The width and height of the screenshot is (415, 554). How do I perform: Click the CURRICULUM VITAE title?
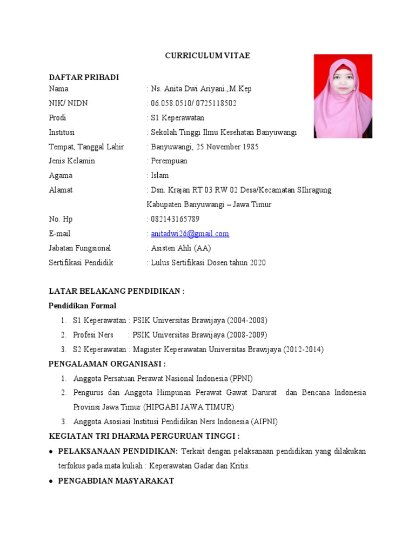[x=207, y=56]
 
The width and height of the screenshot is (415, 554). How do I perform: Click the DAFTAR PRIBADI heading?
[x=84, y=77]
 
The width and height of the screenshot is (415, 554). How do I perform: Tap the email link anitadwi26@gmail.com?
[x=190, y=234]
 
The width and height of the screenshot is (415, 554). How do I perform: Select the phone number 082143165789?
[x=175, y=219]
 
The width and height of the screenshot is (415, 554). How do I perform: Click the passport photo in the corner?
[x=343, y=96]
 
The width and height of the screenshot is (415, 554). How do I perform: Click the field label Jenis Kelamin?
[x=72, y=161]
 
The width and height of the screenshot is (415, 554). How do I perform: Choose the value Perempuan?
[x=169, y=161]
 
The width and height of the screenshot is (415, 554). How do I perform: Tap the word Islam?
[x=160, y=175]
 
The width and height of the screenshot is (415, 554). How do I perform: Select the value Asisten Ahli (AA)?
[x=180, y=248]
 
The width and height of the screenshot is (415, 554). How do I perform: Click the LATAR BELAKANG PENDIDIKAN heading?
[x=117, y=291]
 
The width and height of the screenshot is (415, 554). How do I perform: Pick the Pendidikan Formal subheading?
[x=82, y=306]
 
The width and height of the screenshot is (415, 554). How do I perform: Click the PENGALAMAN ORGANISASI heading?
[x=107, y=364]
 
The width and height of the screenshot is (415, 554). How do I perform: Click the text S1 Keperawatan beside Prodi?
[x=178, y=117]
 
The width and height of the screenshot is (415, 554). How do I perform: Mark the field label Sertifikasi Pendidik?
[x=81, y=263]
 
